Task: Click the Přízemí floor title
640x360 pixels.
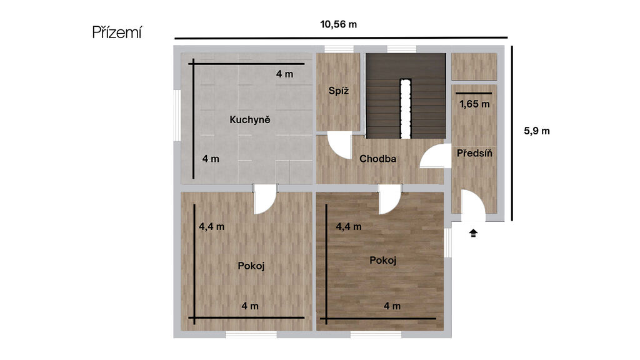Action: pyautogui.click(x=117, y=32)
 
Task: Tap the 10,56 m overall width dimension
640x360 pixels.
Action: pyautogui.click(x=338, y=24)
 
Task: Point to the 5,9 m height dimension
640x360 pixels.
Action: pyautogui.click(x=537, y=131)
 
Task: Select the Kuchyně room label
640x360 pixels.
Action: pyautogui.click(x=250, y=119)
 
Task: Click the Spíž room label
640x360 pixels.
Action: pyautogui.click(x=338, y=91)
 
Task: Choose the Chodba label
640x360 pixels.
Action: pyautogui.click(x=377, y=158)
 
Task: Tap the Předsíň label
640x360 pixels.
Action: pyautogui.click(x=474, y=153)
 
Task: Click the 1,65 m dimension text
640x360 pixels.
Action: pyautogui.click(x=474, y=104)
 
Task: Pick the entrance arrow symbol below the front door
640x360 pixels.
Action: pyautogui.click(x=473, y=233)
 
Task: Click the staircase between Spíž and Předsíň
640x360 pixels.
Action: pyautogui.click(x=405, y=96)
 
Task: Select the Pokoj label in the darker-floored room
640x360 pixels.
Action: pyautogui.click(x=383, y=261)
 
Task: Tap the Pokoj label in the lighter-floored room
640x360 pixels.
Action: pyautogui.click(x=251, y=266)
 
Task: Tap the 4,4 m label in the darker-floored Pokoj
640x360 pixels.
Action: pyautogui.click(x=349, y=226)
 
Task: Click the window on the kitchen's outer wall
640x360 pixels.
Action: pyautogui.click(x=177, y=116)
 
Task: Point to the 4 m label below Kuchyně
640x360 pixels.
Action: pyautogui.click(x=211, y=159)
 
